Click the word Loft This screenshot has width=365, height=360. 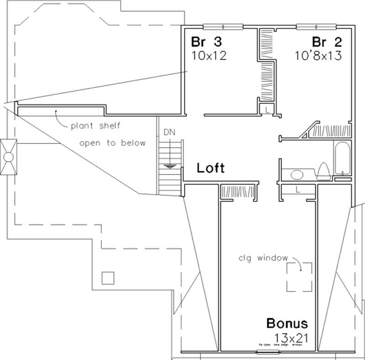pyautogui.click(x=210, y=168)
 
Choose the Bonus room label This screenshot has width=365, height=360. pyautogui.click(x=287, y=324)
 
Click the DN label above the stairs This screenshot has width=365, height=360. pyautogui.click(x=169, y=132)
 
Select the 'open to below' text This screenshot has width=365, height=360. pyautogui.click(x=112, y=143)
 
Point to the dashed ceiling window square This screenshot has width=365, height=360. pyautogui.click(x=299, y=277)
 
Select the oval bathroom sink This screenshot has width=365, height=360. pyautogui.click(x=297, y=175)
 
